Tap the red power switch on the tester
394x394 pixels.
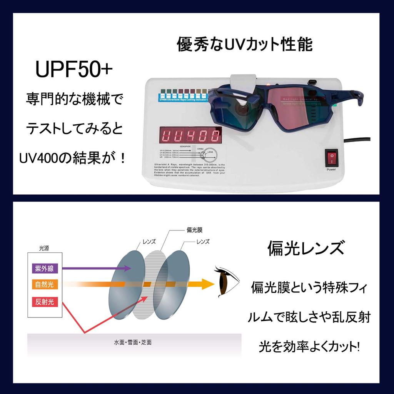coord(331,157)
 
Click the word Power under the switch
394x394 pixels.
coord(331,169)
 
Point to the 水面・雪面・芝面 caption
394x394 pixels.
coord(132,342)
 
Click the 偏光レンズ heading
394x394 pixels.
coord(306,249)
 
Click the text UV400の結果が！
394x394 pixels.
coord(73,157)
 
